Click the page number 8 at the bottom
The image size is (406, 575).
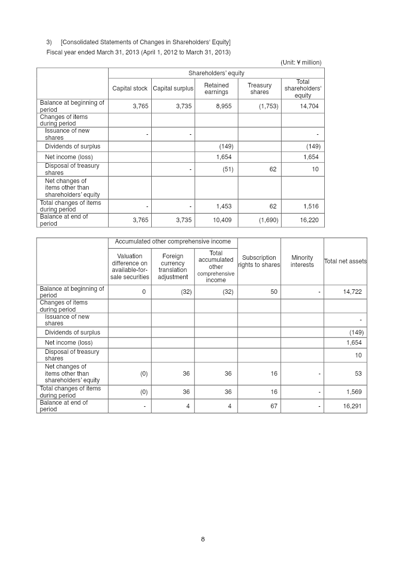click(x=203, y=539)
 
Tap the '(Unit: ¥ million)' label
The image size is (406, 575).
click(x=301, y=63)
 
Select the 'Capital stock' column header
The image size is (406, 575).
click(x=130, y=88)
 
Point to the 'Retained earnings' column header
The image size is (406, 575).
click(x=216, y=88)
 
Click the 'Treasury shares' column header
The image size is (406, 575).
click(x=259, y=88)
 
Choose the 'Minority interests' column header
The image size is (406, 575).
click(x=302, y=261)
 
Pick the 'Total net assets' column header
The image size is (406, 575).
click(x=345, y=261)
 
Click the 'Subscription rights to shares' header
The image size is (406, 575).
click(x=259, y=261)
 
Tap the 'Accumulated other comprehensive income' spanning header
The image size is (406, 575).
click(x=173, y=242)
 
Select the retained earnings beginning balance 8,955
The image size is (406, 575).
click(x=224, y=106)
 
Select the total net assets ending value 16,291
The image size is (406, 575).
click(x=352, y=406)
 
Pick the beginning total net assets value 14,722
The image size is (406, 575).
click(x=352, y=292)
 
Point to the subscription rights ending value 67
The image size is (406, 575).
click(x=274, y=406)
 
